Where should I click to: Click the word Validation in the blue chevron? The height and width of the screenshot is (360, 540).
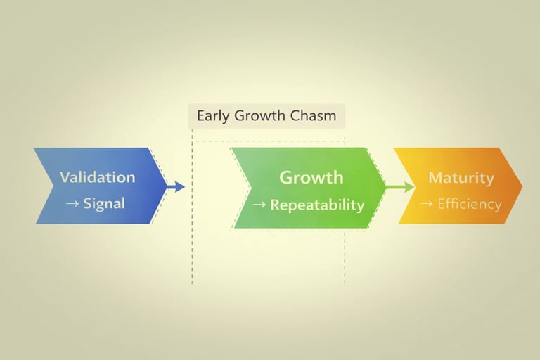click(97, 177)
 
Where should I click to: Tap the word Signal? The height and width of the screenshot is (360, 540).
click(103, 204)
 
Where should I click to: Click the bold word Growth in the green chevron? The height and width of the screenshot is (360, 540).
click(311, 177)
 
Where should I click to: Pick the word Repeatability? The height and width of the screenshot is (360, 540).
click(317, 205)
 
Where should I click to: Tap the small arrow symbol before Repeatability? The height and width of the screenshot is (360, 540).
click(259, 205)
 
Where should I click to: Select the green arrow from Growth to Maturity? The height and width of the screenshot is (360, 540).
click(401, 187)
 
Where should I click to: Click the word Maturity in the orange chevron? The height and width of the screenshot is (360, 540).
click(461, 177)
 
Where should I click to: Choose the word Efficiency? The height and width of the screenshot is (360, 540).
click(469, 205)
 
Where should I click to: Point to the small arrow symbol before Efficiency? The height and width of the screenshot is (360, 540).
click(426, 205)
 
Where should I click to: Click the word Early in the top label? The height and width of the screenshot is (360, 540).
click(214, 115)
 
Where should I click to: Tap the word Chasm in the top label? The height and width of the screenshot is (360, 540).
click(314, 115)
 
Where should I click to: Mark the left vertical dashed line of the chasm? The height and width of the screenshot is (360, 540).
click(192, 246)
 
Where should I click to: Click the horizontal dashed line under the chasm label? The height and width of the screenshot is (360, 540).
click(267, 141)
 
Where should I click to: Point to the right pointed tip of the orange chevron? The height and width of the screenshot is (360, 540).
click(521, 186)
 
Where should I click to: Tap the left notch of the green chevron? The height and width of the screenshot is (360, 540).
click(251, 188)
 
